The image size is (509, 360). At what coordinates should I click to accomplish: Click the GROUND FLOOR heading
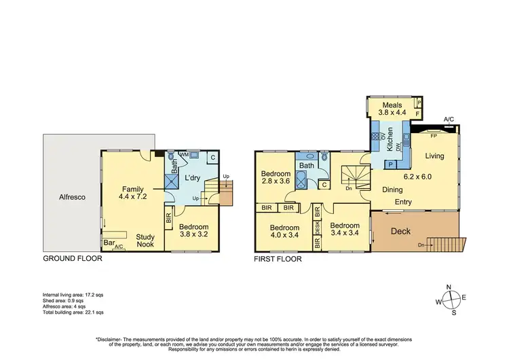(x=73, y=259)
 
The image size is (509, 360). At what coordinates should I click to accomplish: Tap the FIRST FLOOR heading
(x=278, y=259)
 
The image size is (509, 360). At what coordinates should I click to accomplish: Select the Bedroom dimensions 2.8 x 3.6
(x=276, y=182)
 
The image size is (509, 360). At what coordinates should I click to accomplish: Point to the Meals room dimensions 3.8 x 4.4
(x=393, y=114)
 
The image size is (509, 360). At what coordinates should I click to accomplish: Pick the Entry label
(x=403, y=202)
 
